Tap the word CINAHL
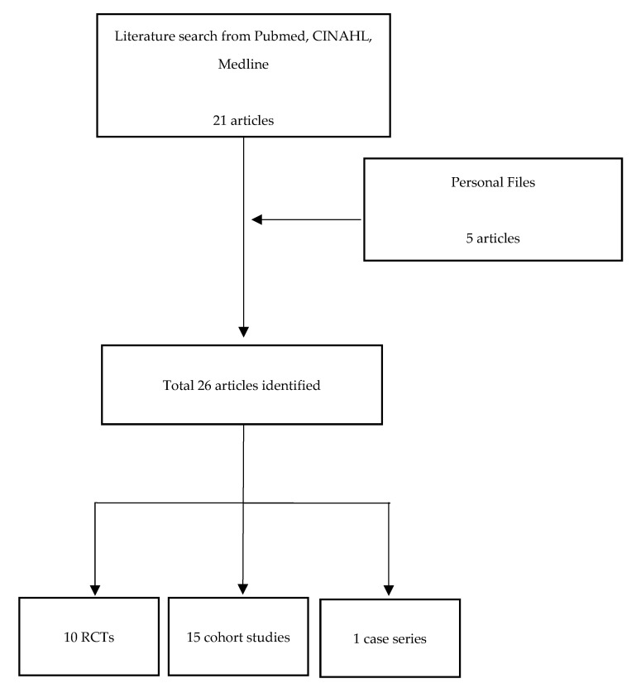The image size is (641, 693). click(342, 36)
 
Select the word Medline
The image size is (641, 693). click(243, 64)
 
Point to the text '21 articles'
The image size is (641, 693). click(243, 120)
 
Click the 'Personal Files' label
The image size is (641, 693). click(493, 182)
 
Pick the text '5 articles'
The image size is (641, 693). click(493, 238)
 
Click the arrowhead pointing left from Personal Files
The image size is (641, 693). click(257, 219)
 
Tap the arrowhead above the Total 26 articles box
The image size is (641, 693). click(243, 332)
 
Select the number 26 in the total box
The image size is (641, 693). click(204, 385)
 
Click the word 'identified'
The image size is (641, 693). click(291, 385)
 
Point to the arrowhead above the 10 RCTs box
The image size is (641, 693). click(95, 590)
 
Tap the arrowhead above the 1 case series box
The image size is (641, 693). click(389, 590)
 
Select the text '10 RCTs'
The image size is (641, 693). click(88, 638)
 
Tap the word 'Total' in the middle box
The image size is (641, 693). click(179, 385)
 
